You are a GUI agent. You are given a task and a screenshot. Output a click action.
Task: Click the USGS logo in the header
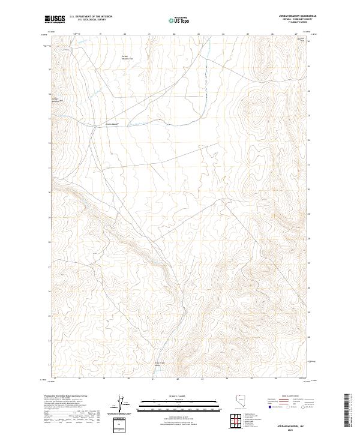pos(55,19)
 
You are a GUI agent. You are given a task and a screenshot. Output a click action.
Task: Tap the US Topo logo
pos(180,20)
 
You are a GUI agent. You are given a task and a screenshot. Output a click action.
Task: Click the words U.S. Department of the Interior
pos(91,17)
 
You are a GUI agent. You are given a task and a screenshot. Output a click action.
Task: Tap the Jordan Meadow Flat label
pos(126,58)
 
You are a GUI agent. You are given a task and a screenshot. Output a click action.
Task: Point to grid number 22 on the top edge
pos(174,35)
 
